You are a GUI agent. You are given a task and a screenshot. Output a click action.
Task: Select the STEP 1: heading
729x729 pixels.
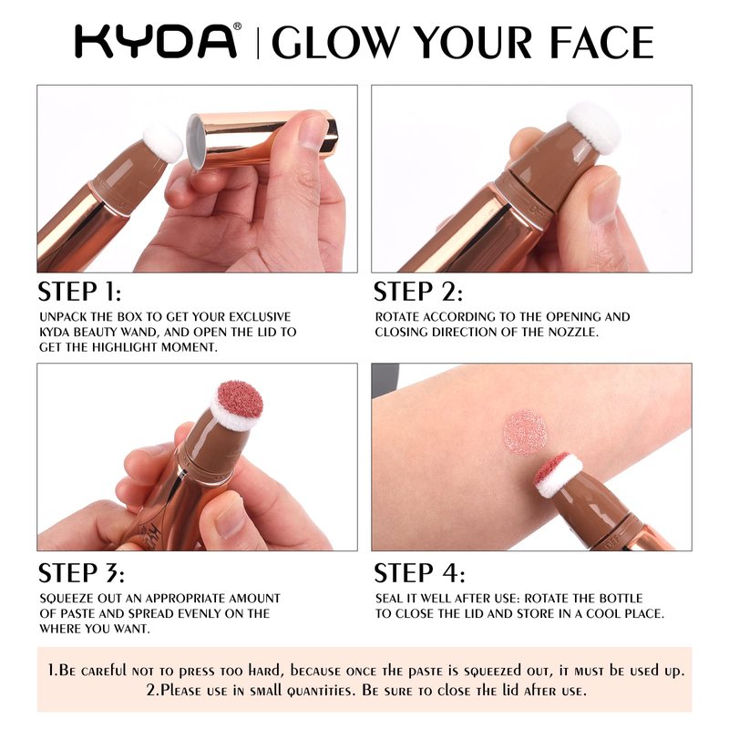pos(79,292)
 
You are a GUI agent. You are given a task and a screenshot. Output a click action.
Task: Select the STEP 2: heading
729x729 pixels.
pos(418,292)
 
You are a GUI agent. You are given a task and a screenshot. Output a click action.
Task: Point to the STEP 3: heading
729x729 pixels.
pos(81,573)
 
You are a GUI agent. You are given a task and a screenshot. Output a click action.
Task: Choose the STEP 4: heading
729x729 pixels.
pos(419,573)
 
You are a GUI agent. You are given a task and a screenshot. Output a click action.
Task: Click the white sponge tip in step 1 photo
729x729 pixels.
pos(163,143)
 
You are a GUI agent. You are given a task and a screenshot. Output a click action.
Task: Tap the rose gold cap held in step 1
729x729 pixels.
pos(262,139)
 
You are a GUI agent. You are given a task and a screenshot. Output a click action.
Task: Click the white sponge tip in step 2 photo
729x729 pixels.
pos(594,128)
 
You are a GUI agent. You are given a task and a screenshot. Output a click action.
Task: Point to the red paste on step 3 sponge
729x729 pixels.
pos(241,399)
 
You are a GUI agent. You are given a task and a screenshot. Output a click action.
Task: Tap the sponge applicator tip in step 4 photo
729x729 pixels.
pos(558,474)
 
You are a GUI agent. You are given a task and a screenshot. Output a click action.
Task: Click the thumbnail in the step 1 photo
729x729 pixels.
pos(313,132)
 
